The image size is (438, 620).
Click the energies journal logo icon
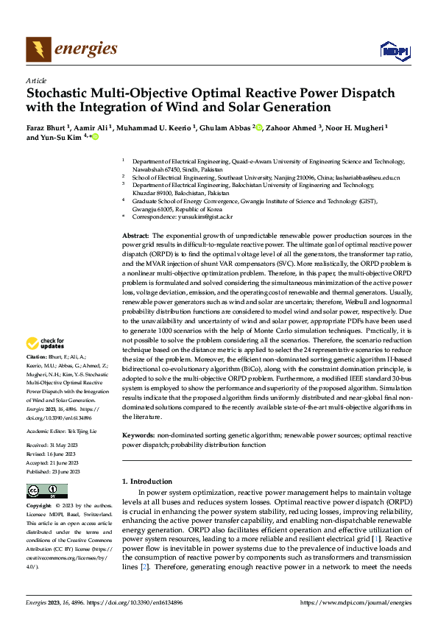click(36, 49)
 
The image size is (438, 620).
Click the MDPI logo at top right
click(394, 50)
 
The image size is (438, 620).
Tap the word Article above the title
click(35, 80)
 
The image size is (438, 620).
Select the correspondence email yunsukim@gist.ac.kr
click(209, 216)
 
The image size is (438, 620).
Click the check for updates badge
click(44, 343)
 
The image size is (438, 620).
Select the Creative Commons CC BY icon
click(46, 491)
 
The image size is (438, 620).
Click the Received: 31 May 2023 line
click(55, 445)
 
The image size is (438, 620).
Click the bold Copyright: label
click(39, 507)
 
